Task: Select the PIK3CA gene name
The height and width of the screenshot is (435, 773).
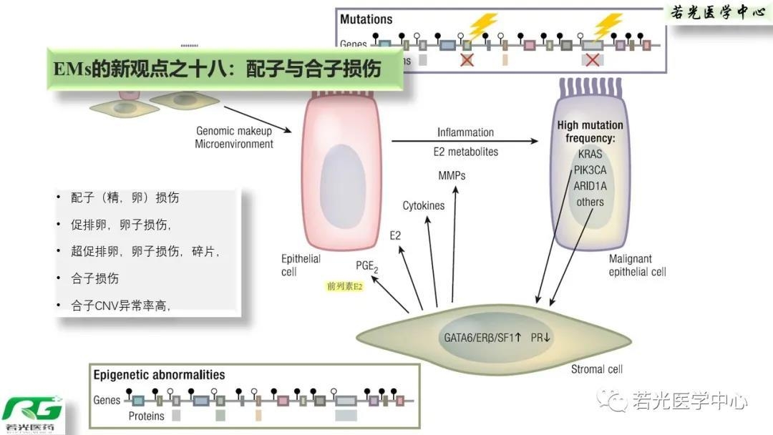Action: tap(590, 171)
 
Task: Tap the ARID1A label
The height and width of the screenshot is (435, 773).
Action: tap(590, 186)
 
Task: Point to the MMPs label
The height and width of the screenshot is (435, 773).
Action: tap(452, 175)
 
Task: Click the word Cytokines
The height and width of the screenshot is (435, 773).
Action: tap(423, 206)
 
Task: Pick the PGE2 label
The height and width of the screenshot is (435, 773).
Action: tap(367, 266)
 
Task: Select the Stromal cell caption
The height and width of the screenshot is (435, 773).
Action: tap(597, 369)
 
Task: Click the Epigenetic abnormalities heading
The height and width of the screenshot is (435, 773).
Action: tap(159, 375)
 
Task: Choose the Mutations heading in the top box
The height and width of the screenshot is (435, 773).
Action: tap(366, 19)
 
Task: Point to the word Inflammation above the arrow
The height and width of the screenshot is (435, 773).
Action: tap(465, 132)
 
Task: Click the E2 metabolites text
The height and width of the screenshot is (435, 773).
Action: tap(465, 152)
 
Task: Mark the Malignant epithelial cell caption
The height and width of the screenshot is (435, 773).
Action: tap(637, 265)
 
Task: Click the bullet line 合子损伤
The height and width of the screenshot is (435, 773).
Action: tap(95, 278)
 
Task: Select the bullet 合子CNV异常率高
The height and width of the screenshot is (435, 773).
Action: tap(120, 306)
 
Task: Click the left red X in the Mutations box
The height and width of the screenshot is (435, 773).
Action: tap(467, 60)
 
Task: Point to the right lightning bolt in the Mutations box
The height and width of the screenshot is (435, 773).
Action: tap(608, 26)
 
